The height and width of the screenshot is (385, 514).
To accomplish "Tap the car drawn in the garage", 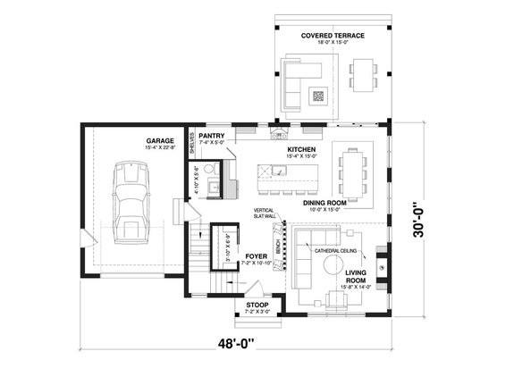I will [131, 201].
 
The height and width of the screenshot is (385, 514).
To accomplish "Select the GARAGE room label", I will [160, 140].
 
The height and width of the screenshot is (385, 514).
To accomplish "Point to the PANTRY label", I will [212, 136].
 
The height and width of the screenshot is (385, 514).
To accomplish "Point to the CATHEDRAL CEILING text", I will [337, 251].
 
